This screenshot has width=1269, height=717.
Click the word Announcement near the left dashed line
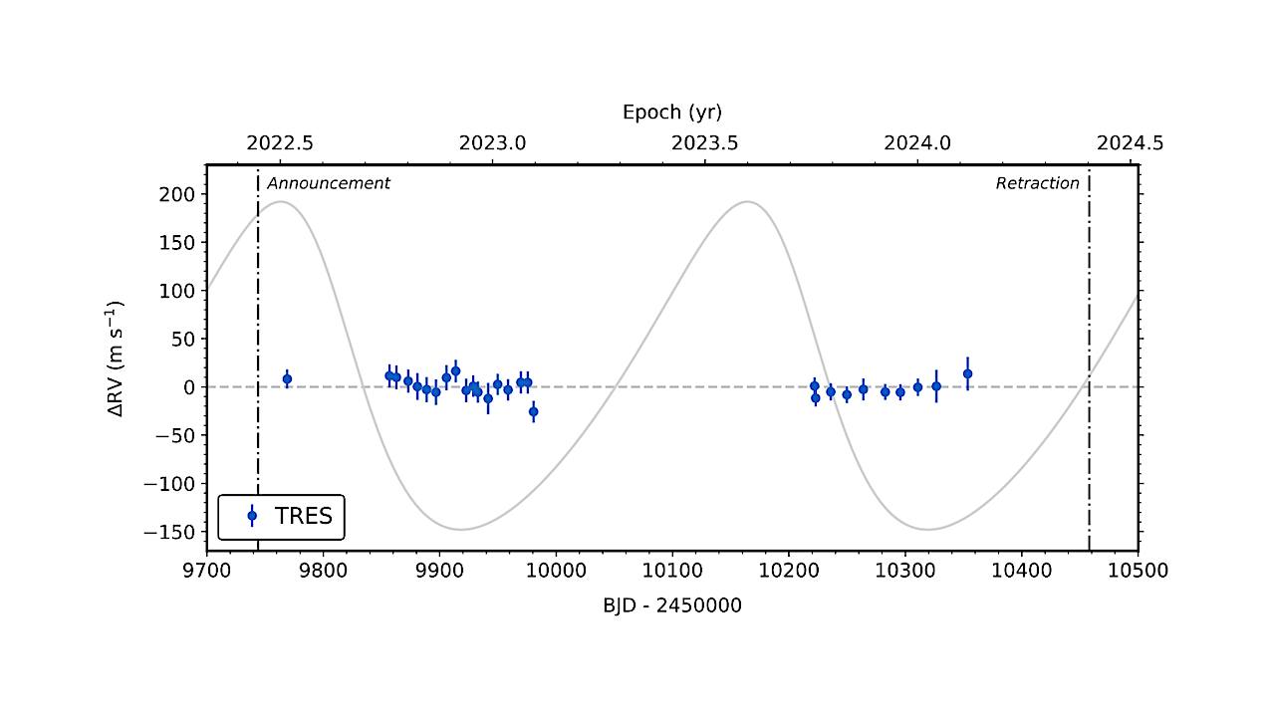click(x=329, y=183)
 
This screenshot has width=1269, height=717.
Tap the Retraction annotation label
click(x=1037, y=183)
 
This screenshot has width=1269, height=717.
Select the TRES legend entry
click(x=281, y=516)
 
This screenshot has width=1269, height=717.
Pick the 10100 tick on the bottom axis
click(x=671, y=572)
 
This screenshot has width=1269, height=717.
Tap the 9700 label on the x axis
click(x=207, y=572)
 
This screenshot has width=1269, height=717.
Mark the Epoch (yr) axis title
click(x=672, y=112)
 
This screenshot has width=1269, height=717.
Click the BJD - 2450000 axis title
click(x=672, y=604)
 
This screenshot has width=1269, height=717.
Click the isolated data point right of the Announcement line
click(x=287, y=378)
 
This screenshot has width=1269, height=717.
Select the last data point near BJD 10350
click(x=967, y=373)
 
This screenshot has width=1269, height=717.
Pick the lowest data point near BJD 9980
click(x=533, y=411)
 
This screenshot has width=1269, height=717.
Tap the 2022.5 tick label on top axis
click(x=280, y=142)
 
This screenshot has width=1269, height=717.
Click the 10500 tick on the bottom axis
click(x=1138, y=572)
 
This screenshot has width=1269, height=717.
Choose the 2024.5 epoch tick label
click(x=1130, y=142)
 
